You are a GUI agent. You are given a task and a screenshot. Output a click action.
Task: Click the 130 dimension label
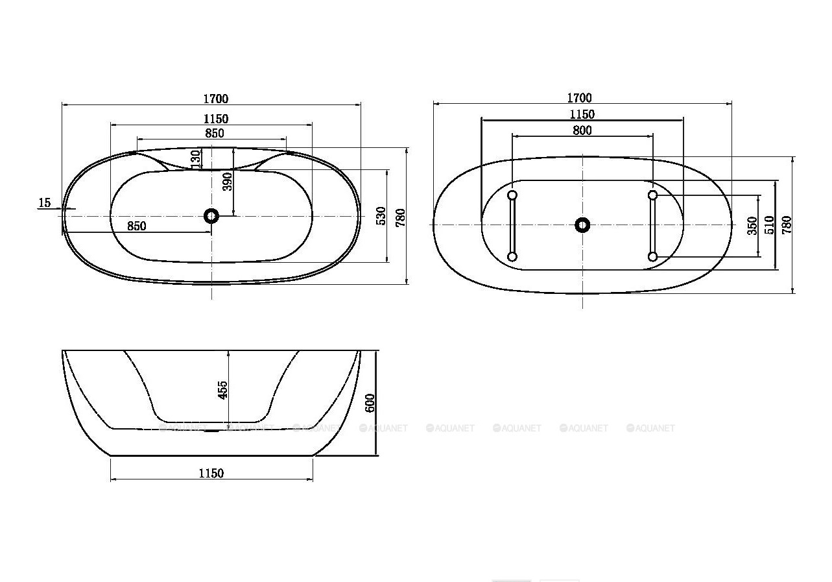tap(196, 159)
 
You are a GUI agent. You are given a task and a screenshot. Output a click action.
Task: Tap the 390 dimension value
tap(228, 182)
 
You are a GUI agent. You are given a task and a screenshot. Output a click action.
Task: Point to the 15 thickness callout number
tap(45, 202)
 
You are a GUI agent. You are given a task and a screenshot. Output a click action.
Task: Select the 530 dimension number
tap(381, 216)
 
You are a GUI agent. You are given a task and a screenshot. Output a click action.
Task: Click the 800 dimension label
tap(582, 130)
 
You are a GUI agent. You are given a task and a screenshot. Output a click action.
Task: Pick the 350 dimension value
tap(752, 226)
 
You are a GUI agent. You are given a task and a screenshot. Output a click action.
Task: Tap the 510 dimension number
tap(770, 225)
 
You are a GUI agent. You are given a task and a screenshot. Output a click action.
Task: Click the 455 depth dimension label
tap(222, 390)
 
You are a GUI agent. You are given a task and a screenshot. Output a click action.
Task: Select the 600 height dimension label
tap(370, 403)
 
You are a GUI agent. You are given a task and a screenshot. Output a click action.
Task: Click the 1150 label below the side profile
tap(211, 474)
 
